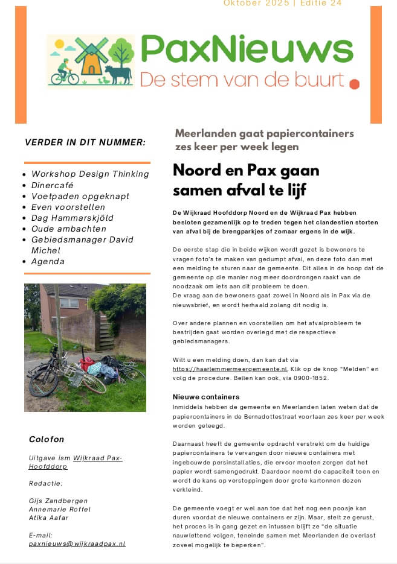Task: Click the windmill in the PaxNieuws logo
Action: coord(92,55)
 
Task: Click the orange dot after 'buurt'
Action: coord(354,84)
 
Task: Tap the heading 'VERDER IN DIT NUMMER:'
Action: coord(85,142)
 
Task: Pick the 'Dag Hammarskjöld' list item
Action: coord(72,218)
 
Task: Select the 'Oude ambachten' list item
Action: coord(68,229)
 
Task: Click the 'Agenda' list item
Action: coord(48,261)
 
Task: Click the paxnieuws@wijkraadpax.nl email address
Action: coord(77,543)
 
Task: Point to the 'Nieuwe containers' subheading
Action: coord(206,397)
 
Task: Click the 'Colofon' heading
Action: coord(47,439)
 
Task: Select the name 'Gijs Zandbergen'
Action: coord(59,501)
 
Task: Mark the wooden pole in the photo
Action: coord(59,320)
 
